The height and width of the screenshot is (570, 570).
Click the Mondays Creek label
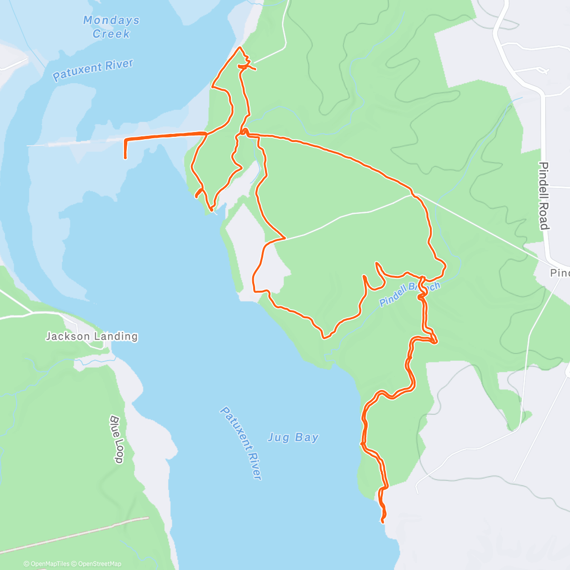click(111, 27)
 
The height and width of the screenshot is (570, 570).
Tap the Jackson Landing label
click(92, 336)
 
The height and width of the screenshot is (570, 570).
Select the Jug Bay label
click(293, 437)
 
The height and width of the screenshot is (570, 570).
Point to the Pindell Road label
click(544, 196)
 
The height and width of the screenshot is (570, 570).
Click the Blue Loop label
click(117, 439)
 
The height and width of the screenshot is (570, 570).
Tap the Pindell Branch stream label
click(409, 294)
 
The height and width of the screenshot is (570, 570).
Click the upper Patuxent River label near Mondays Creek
click(93, 70)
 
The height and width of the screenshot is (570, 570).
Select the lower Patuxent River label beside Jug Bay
click(241, 443)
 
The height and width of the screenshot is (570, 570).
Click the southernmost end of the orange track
click(382, 522)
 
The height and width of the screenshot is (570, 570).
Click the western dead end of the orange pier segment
click(125, 158)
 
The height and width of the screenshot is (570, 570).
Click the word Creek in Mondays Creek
click(111, 34)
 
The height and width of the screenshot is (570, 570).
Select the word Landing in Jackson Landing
click(115, 336)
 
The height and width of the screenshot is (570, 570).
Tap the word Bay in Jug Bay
click(309, 437)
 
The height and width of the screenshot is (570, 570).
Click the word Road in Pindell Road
click(544, 217)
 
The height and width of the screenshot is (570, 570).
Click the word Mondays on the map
click(111, 20)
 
